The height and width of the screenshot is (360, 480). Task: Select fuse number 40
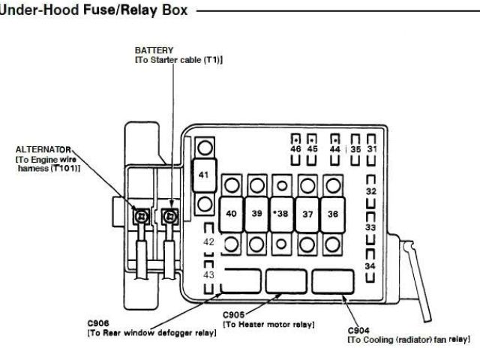pyautogui.click(x=232, y=214)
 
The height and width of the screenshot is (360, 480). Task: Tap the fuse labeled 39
pyautogui.click(x=256, y=214)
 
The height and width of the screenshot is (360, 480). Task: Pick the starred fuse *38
pyautogui.click(x=280, y=214)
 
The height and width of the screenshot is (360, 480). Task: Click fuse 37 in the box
pyautogui.click(x=306, y=214)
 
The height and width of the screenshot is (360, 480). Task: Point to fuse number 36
pyautogui.click(x=331, y=214)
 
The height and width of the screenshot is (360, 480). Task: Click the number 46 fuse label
pyautogui.click(x=295, y=149)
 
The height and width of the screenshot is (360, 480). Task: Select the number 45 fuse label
pyautogui.click(x=313, y=149)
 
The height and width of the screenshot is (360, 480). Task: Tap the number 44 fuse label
pyautogui.click(x=335, y=149)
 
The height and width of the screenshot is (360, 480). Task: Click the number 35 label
pyautogui.click(x=355, y=149)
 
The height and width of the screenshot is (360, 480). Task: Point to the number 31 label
pyautogui.click(x=372, y=149)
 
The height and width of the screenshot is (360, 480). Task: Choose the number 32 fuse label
pyautogui.click(x=370, y=192)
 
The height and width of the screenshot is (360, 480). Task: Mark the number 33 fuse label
pyautogui.click(x=370, y=226)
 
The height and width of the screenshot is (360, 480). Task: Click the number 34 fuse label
pyautogui.click(x=370, y=266)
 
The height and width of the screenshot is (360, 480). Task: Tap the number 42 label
pyautogui.click(x=208, y=242)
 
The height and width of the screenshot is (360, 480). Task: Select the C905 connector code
pyautogui.click(x=235, y=316)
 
